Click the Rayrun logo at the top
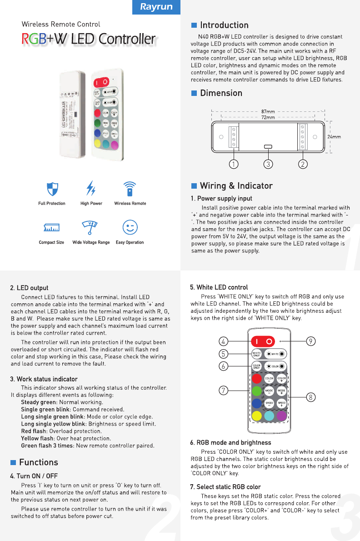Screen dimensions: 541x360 click(155, 7)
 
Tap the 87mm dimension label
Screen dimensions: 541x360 click(268, 111)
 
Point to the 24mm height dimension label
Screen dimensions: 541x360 click(334, 136)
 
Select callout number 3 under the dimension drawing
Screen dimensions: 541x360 click(268, 164)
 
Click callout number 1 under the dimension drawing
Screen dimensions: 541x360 click(233, 164)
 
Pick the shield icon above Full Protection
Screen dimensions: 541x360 click(52, 188)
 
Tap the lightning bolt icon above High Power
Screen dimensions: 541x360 click(91, 188)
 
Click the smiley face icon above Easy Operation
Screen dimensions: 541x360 click(130, 227)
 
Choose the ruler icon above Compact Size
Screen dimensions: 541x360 click(51, 227)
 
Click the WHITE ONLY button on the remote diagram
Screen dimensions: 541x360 click(257, 354)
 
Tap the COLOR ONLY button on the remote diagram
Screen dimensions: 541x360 click(257, 366)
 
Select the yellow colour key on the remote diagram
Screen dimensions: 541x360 click(257, 415)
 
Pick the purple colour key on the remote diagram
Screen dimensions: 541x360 click(282, 415)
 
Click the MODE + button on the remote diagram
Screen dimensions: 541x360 click(282, 391)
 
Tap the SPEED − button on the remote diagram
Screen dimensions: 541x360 click(269, 404)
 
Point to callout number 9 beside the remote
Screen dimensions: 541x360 click(311, 341)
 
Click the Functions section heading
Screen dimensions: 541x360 click(38, 462)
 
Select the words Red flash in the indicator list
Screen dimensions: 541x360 click(34, 431)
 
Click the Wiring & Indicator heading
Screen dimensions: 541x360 click(236, 185)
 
